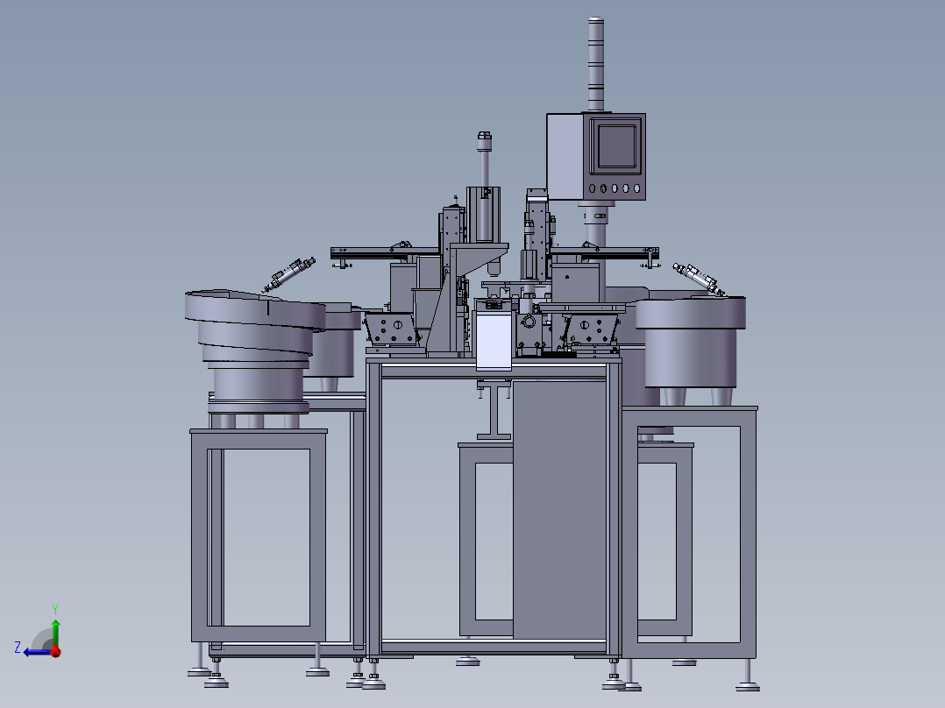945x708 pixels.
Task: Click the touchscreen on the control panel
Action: click(x=616, y=145)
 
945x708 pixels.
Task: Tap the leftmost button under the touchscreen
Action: click(x=592, y=188)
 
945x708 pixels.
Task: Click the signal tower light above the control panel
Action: click(x=595, y=63)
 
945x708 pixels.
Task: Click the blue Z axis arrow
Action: click(x=39, y=652)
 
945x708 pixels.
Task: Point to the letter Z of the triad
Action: click(x=18, y=648)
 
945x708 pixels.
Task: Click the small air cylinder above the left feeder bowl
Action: click(x=289, y=274)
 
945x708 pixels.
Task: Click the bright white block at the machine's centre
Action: click(x=494, y=341)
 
